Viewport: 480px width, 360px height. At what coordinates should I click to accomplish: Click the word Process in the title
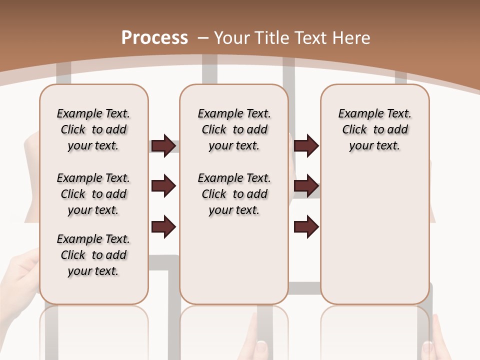click(154, 37)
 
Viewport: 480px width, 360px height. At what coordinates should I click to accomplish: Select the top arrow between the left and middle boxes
click(163, 146)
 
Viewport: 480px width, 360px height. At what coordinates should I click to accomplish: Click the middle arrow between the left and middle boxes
click(163, 186)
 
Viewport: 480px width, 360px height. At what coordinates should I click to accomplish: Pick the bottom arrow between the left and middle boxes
click(163, 226)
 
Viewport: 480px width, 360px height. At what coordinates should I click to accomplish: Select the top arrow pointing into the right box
click(306, 146)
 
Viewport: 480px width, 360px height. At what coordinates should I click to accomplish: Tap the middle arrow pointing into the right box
click(306, 186)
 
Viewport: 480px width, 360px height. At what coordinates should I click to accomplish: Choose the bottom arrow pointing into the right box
click(306, 226)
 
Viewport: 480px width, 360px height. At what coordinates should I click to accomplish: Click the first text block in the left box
click(93, 129)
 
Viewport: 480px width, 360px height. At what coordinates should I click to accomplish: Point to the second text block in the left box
click(93, 194)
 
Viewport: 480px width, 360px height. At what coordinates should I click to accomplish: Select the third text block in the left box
click(93, 255)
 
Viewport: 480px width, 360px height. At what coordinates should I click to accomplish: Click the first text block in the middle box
click(234, 129)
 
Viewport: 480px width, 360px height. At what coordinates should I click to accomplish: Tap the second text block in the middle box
click(234, 194)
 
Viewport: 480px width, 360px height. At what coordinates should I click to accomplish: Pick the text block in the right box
click(374, 129)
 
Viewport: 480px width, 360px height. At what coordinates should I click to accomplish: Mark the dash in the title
click(203, 37)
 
